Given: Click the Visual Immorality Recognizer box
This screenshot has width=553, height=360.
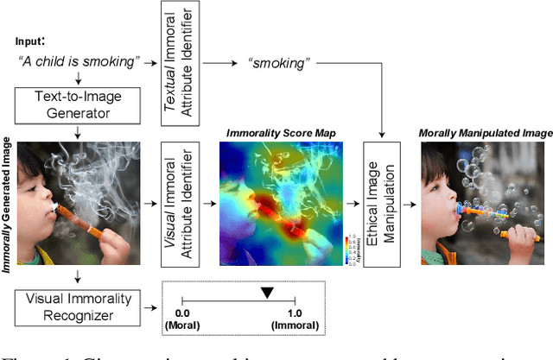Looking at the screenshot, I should tap(77, 307).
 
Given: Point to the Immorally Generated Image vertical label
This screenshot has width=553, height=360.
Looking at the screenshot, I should tap(8, 208).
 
